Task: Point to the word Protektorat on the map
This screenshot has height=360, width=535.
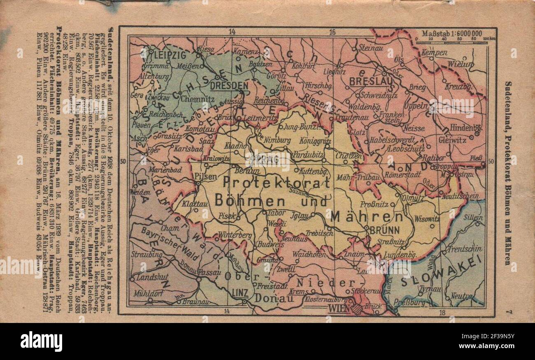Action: (276, 182)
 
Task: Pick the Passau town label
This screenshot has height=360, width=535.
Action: (209, 272)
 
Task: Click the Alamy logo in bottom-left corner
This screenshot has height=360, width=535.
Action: (41, 341)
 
